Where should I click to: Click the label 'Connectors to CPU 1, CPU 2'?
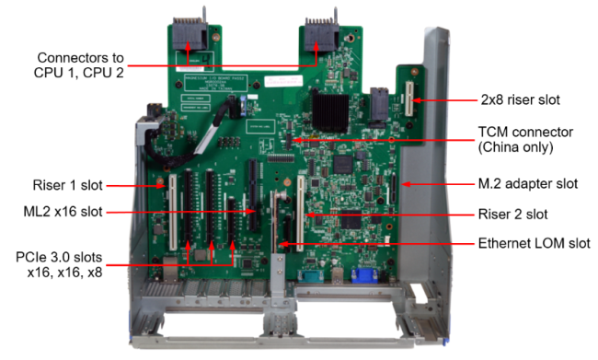[79, 64]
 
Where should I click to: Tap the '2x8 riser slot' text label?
[520, 99]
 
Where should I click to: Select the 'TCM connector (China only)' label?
[525, 139]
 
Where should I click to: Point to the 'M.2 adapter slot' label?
[528, 183]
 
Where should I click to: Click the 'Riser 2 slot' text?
[513, 215]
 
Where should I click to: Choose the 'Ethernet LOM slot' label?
[535, 243]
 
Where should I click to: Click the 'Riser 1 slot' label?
[67, 185]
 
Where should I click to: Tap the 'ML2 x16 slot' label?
[63, 212]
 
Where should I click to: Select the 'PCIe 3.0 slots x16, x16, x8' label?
[59, 264]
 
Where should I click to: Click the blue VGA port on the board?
[364, 275]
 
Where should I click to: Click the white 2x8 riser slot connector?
[409, 99]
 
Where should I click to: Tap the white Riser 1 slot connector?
[173, 213]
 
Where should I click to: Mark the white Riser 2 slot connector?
[301, 214]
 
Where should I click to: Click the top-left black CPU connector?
[190, 33]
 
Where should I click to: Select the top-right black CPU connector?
[321, 34]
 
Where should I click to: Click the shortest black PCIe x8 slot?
[232, 221]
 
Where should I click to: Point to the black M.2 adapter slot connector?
[393, 188]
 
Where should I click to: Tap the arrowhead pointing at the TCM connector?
[297, 140]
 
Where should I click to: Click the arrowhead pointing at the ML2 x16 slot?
[251, 211]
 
